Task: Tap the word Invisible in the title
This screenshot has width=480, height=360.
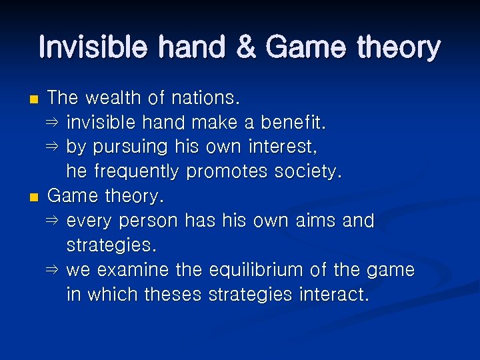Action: [86, 48]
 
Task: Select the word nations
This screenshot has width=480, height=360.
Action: [205, 98]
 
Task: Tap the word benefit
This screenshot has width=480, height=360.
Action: [293, 123]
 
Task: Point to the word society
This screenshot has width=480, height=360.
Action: [307, 172]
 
